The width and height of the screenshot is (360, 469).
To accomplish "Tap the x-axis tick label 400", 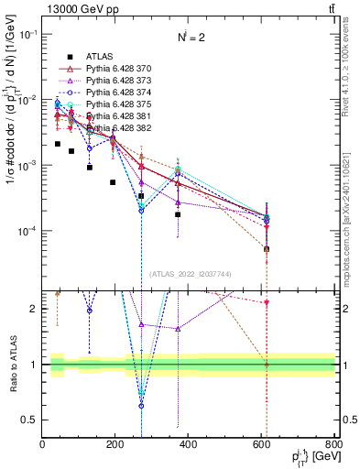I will tap(189, 445).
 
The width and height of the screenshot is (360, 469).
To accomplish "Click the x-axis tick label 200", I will tap(115, 445).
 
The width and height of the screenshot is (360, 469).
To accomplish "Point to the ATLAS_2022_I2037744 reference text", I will tap(190, 274).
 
